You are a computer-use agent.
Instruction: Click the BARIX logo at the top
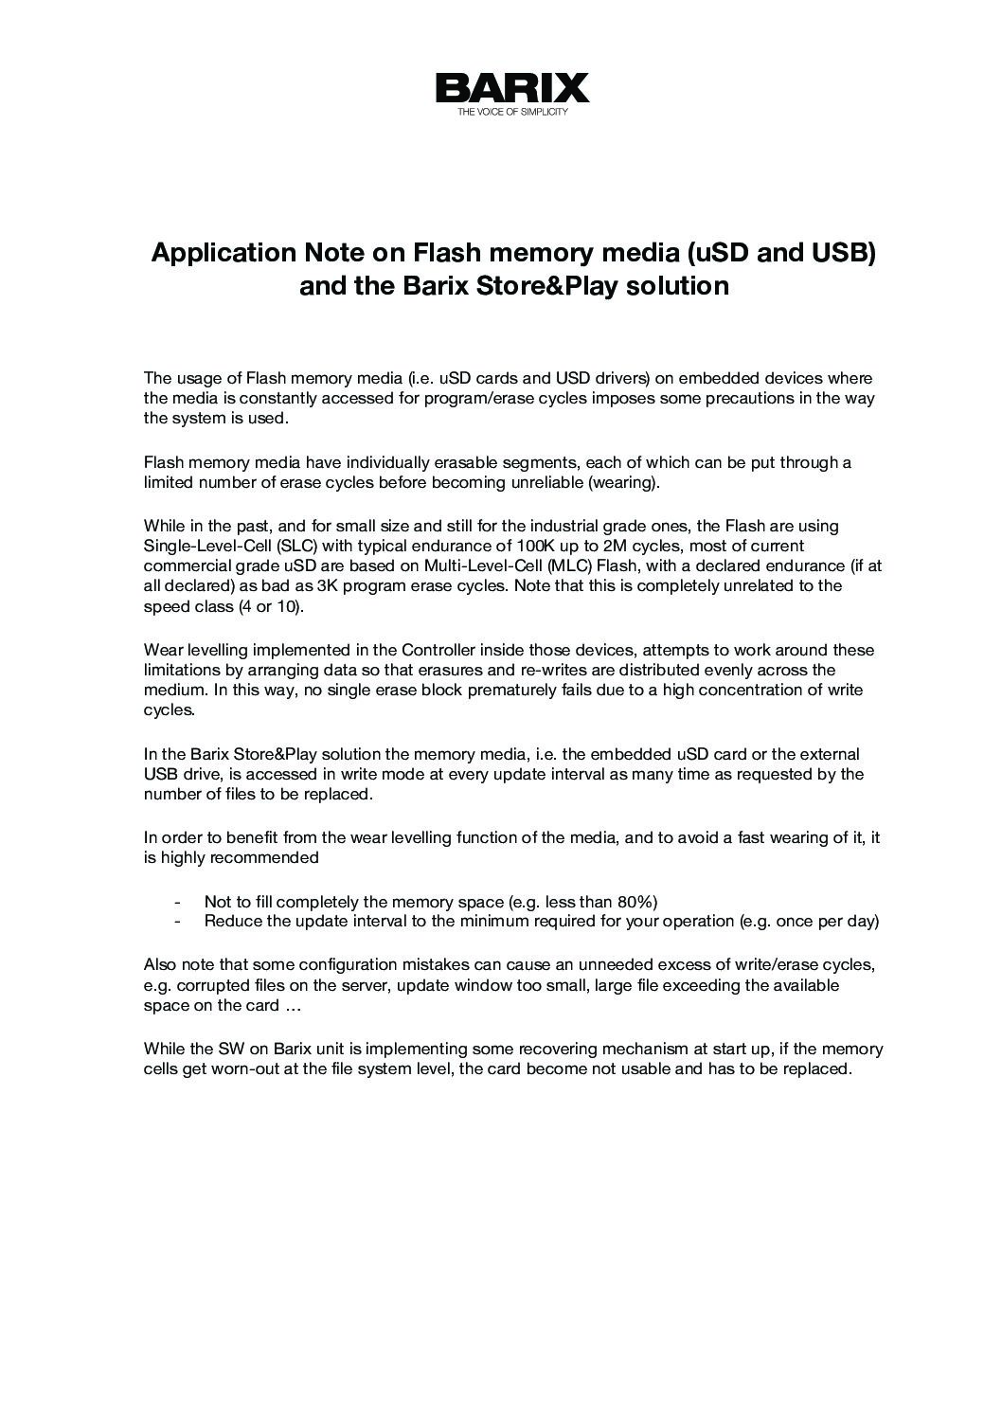click(x=511, y=88)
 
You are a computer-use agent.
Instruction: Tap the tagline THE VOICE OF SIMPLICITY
click(x=511, y=112)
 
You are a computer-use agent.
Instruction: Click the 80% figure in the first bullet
click(x=636, y=901)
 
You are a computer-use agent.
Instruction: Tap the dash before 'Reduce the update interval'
click(x=177, y=921)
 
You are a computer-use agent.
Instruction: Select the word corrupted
click(x=211, y=985)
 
